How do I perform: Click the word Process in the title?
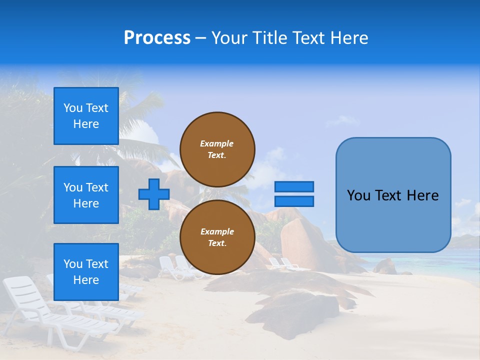pos(157,38)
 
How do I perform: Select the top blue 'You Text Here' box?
pos(86,116)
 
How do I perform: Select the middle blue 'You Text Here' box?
pos(86,195)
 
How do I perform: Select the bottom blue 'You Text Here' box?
pos(86,271)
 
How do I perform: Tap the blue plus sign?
pos(154,194)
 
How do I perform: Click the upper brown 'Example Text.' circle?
pos(217,149)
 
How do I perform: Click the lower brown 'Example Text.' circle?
pos(217,237)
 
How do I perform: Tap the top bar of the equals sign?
pos(294,186)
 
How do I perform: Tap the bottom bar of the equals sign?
pos(294,201)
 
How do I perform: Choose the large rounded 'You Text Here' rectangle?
pos(393,195)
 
